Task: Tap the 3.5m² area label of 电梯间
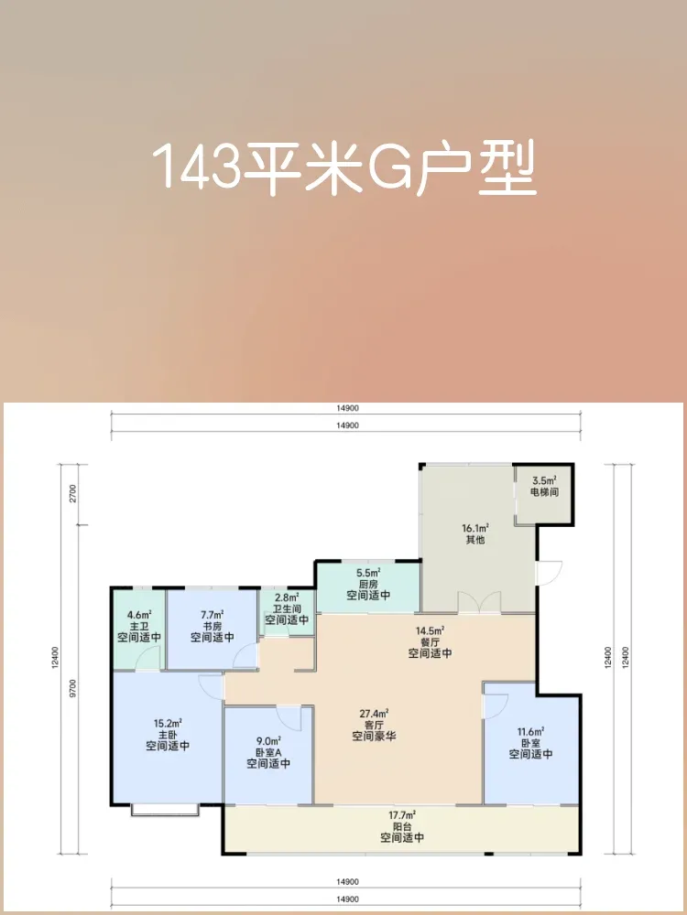click(x=544, y=482)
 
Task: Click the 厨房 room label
click(x=368, y=584)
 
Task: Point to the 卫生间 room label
click(x=287, y=608)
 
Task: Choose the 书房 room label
click(x=213, y=625)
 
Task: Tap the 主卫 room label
click(x=139, y=625)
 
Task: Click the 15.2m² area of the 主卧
click(x=167, y=724)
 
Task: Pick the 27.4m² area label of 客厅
click(x=374, y=713)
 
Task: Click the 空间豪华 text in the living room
click(x=374, y=736)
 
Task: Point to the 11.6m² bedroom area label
click(x=529, y=730)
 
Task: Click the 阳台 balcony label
click(x=402, y=826)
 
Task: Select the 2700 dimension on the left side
click(x=73, y=494)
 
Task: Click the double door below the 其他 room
click(x=479, y=602)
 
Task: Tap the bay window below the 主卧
click(x=165, y=810)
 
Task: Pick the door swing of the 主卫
click(x=147, y=660)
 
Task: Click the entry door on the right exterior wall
click(x=550, y=573)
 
